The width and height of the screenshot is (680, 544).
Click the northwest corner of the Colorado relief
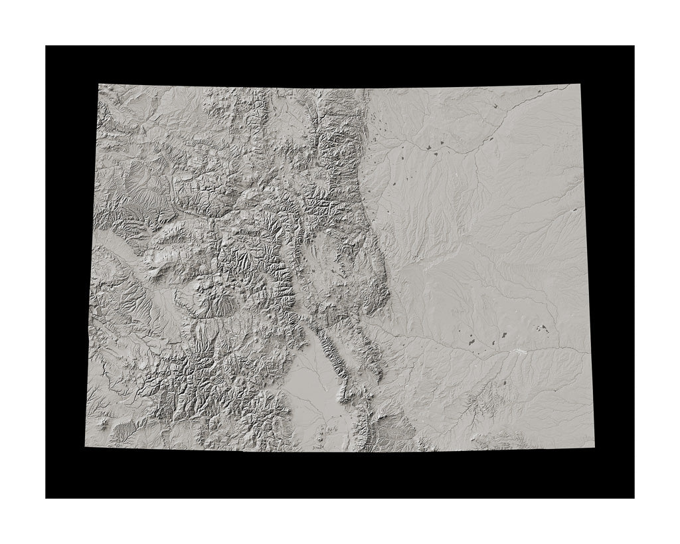click(x=99, y=85)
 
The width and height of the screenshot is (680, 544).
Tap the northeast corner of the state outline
click(x=579, y=85)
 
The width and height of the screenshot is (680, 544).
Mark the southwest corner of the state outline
click(x=86, y=446)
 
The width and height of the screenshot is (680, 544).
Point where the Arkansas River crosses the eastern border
click(x=589, y=351)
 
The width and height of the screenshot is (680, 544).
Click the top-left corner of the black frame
click(x=46, y=46)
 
